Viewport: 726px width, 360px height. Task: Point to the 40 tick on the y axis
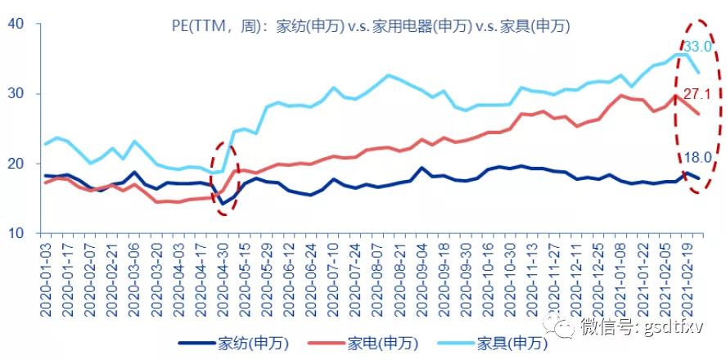click(16, 24)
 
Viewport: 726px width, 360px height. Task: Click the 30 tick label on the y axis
click(16, 94)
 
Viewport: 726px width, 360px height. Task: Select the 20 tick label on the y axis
click(16, 164)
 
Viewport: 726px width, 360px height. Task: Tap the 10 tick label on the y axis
click(16, 233)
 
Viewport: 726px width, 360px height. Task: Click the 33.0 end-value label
click(697, 47)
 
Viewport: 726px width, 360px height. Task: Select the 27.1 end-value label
click(697, 93)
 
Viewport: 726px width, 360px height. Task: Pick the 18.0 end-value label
click(698, 159)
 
